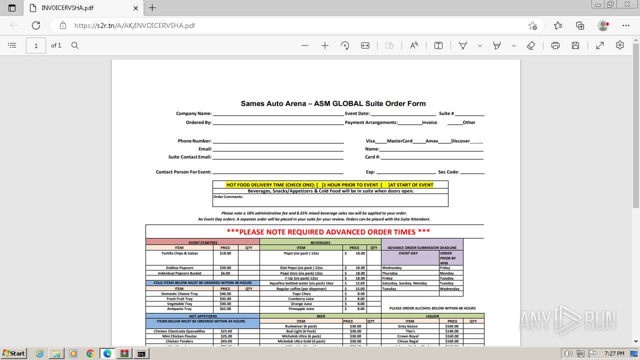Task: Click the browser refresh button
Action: point(36,25)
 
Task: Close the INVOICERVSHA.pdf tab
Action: point(136,8)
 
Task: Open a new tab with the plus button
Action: point(152,8)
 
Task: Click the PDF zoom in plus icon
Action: point(325,45)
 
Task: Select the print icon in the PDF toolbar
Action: point(555,45)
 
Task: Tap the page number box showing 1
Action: point(36,45)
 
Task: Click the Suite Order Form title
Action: point(333,103)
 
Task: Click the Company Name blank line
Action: point(278,114)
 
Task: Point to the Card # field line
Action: point(432,158)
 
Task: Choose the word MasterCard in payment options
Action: point(399,141)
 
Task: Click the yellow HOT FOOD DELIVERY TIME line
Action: point(329,185)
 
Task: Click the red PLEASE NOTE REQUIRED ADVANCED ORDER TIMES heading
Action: point(328,232)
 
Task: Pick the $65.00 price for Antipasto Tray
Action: point(225,309)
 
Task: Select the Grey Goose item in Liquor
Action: point(407,326)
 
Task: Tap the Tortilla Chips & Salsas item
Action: point(179,253)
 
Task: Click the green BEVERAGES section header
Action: point(320,243)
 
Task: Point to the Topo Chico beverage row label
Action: point(301,294)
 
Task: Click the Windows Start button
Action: point(13,353)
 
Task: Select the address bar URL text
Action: point(134,25)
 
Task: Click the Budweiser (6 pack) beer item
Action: point(300,326)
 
